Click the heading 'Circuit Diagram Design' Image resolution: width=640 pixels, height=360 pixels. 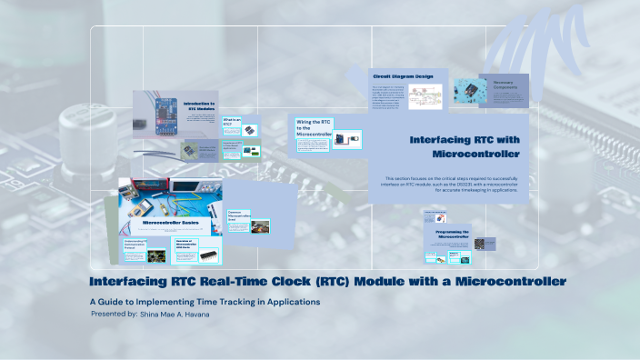[401, 75]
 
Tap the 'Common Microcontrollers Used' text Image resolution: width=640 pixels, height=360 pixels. [239, 217]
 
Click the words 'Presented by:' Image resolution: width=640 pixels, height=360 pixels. [114, 314]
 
